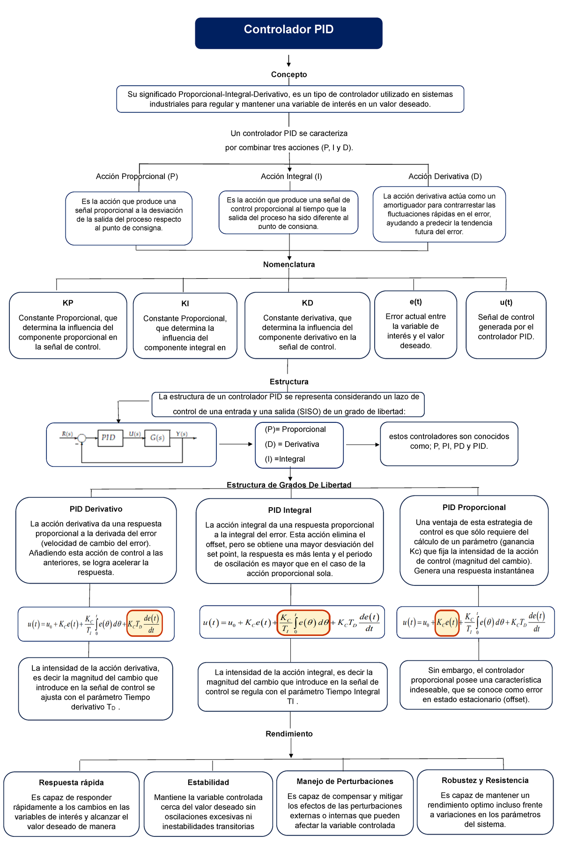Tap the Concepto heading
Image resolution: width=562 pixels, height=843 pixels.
tap(289, 74)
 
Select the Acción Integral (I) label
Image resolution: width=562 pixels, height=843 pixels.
tap(291, 177)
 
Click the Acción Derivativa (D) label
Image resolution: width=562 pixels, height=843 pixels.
tap(445, 177)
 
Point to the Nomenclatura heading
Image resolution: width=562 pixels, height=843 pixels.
tap(289, 265)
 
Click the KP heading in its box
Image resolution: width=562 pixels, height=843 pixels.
tap(68, 303)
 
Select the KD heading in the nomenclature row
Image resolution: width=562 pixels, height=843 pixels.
tap(307, 303)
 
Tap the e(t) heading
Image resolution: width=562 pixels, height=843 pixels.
tap(415, 302)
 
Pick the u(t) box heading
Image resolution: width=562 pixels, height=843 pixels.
tap(506, 303)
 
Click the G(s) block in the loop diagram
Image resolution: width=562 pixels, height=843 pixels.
tap(157, 438)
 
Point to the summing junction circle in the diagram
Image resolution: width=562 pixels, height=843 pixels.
tap(82, 438)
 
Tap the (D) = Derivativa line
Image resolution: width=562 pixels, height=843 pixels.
tap(292, 444)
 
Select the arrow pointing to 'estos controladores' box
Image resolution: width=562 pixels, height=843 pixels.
tap(362, 444)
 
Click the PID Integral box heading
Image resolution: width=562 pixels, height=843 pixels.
tap(289, 510)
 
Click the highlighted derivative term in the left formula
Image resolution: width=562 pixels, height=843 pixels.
tap(145, 623)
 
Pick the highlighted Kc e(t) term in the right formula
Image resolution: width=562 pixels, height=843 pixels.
tap(447, 623)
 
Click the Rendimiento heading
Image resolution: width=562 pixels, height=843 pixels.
tap(289, 734)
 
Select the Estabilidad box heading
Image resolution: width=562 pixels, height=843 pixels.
tap(208, 783)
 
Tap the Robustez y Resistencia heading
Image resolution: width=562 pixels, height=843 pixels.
tap(485, 781)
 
